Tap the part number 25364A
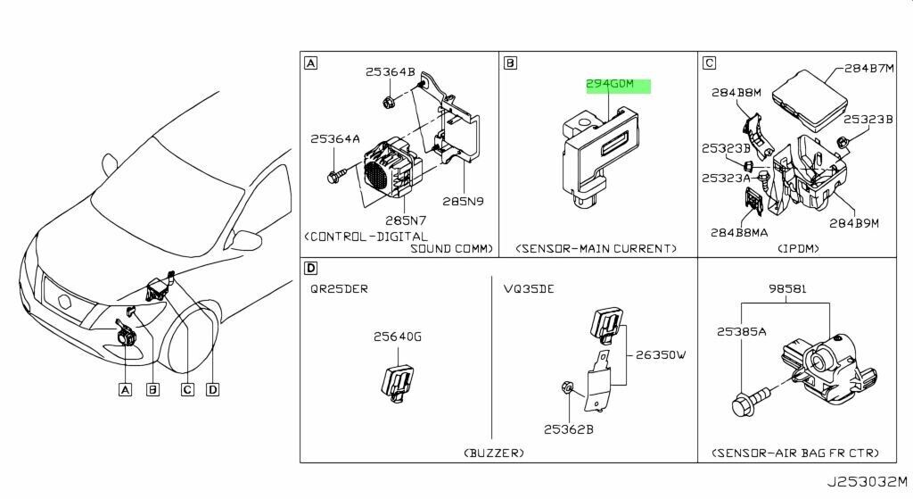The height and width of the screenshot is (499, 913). click(335, 139)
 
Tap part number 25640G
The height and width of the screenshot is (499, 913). click(398, 337)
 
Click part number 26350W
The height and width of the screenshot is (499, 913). click(662, 354)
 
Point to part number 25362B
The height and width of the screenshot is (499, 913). click(569, 429)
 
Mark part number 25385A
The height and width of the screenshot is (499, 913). click(741, 331)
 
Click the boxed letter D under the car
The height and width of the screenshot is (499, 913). click(212, 388)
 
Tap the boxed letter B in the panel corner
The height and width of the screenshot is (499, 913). click(510, 63)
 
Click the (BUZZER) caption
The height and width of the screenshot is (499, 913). click(493, 453)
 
